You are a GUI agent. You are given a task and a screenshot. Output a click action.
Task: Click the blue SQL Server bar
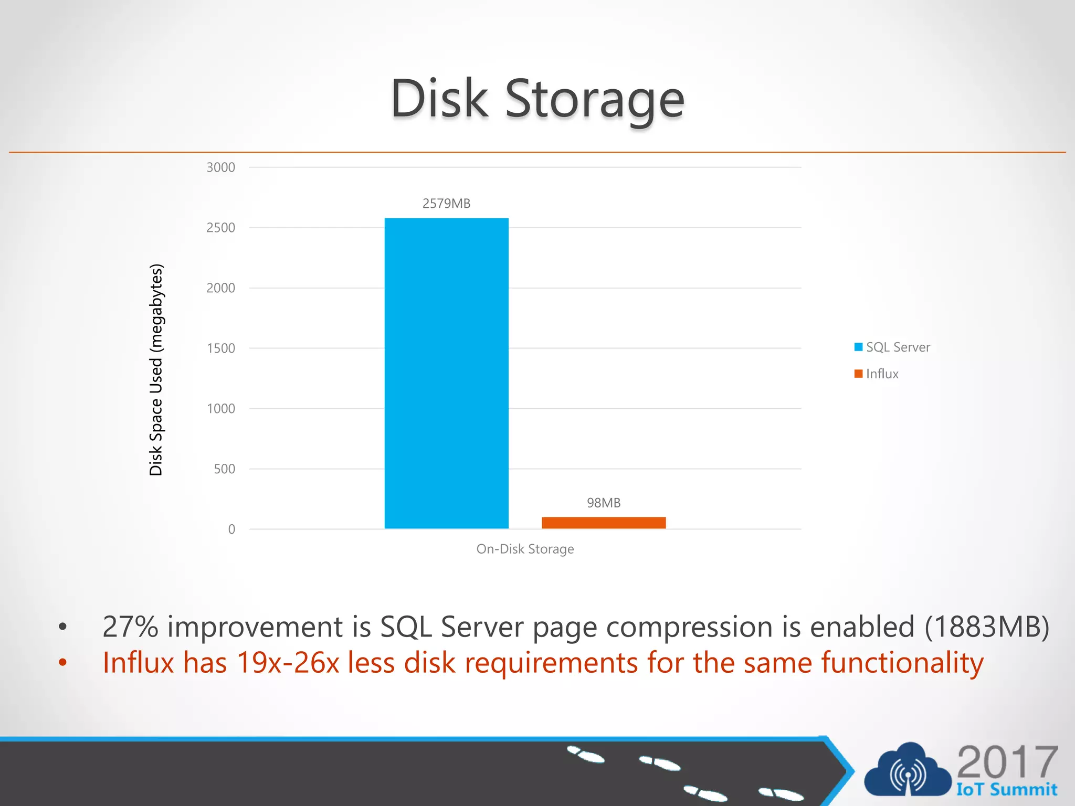[x=446, y=373]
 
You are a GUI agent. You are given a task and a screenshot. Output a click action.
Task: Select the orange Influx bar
[x=604, y=523]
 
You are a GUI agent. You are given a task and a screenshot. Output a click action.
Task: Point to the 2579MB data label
[x=446, y=204]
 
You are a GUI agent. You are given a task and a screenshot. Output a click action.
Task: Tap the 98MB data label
[x=604, y=503]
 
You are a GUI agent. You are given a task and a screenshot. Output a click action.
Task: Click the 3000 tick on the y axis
[x=220, y=167]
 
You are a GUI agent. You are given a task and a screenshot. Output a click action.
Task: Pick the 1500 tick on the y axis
[x=220, y=348]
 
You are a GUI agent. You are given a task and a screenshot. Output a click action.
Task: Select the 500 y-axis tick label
[x=224, y=469]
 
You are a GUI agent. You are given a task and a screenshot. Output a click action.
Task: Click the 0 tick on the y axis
[x=231, y=529]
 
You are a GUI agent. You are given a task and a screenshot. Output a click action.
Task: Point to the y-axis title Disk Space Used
[x=156, y=369]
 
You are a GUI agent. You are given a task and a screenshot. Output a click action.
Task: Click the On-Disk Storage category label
[x=525, y=549]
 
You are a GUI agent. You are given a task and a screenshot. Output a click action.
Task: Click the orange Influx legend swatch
[x=859, y=374]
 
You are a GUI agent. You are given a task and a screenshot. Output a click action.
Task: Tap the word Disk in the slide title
[x=439, y=99]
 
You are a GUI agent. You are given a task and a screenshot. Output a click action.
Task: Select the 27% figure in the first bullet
[x=130, y=627]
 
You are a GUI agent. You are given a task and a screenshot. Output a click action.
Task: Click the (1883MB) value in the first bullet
[x=987, y=627]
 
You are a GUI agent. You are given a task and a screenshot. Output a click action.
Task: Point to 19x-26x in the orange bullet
[x=288, y=663]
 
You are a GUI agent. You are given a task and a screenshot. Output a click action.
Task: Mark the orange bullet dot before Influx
[x=63, y=663]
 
